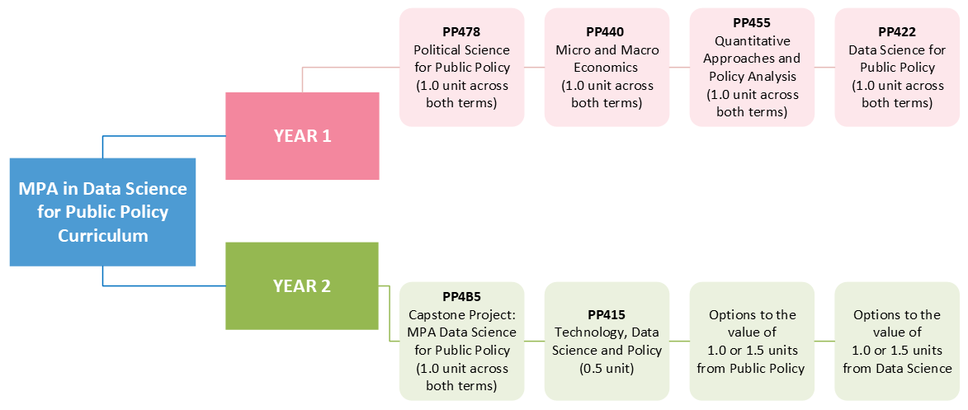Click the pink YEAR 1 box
pyautogui.click(x=302, y=136)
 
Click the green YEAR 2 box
pyautogui.click(x=302, y=286)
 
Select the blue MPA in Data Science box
pyautogui.click(x=102, y=212)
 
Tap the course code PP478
pyautogui.click(x=461, y=33)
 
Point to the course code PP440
pyautogui.click(x=607, y=33)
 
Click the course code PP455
pyautogui.click(x=752, y=23)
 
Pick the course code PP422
pyautogui.click(x=897, y=33)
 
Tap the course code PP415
pyautogui.click(x=607, y=315)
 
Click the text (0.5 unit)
pyautogui.click(x=607, y=369)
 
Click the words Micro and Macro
pyautogui.click(x=607, y=49)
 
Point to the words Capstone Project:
pyautogui.click(x=461, y=315)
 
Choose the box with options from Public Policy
pyautogui.click(x=752, y=341)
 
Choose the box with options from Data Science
pyautogui.click(x=897, y=341)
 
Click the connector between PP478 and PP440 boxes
pyautogui.click(x=534, y=68)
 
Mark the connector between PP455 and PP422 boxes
pyautogui.click(x=824, y=68)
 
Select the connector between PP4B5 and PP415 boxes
pyautogui.click(x=534, y=341)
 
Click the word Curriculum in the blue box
pyautogui.click(x=102, y=236)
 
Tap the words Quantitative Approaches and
pyautogui.click(x=752, y=50)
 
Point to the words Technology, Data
pyautogui.click(x=607, y=332)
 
